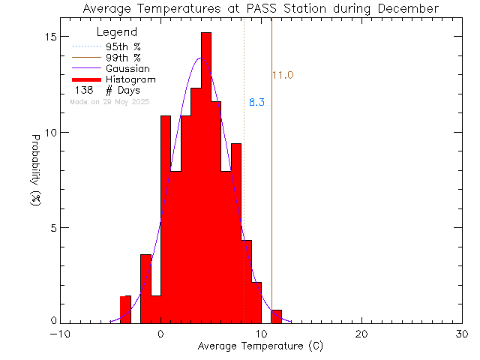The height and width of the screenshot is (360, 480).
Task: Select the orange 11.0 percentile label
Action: [283, 75]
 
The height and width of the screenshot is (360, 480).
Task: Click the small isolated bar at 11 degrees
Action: [277, 316]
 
